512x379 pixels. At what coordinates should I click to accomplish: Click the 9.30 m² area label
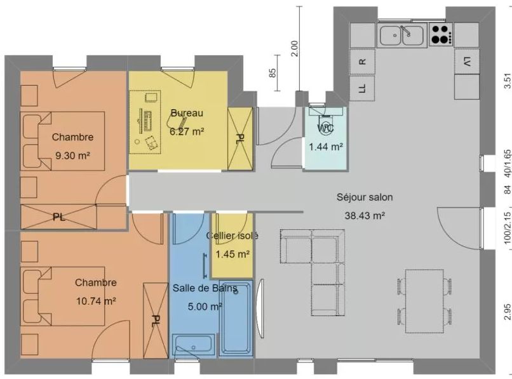(x=72, y=156)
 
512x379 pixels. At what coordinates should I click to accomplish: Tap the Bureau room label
(x=187, y=113)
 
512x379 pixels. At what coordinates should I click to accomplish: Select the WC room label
(x=325, y=128)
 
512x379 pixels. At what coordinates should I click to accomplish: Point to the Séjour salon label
(x=365, y=197)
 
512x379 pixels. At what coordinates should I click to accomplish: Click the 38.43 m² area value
(x=365, y=215)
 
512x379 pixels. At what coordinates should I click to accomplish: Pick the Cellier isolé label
(x=232, y=236)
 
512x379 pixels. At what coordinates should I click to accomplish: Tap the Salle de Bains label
(x=205, y=288)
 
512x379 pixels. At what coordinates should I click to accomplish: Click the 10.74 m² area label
(x=96, y=301)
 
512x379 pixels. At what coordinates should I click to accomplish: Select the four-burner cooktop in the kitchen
(x=441, y=34)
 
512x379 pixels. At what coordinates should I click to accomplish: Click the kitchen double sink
(x=402, y=34)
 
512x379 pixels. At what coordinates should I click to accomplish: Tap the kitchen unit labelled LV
(x=467, y=61)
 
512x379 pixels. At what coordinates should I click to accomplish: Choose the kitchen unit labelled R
(x=362, y=62)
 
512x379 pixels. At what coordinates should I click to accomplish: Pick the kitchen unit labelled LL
(x=362, y=88)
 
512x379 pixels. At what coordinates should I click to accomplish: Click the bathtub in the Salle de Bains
(x=236, y=318)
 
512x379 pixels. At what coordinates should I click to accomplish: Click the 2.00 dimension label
(x=295, y=49)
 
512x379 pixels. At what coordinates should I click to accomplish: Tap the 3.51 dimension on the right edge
(x=507, y=81)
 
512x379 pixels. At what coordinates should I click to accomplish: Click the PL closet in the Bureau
(x=240, y=138)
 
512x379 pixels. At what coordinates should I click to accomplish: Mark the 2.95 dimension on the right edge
(x=507, y=313)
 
